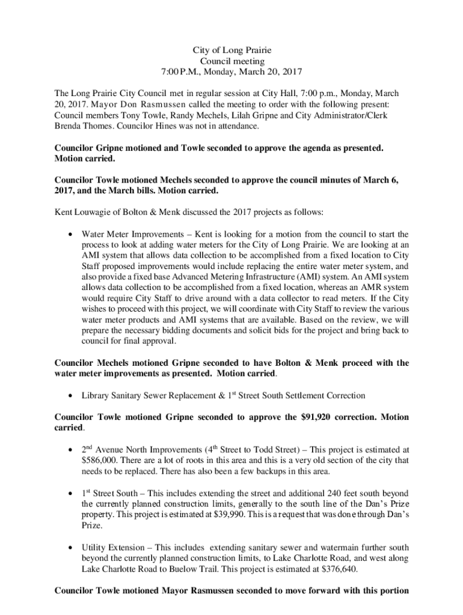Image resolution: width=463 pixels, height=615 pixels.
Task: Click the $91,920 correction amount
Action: pos(302,417)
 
